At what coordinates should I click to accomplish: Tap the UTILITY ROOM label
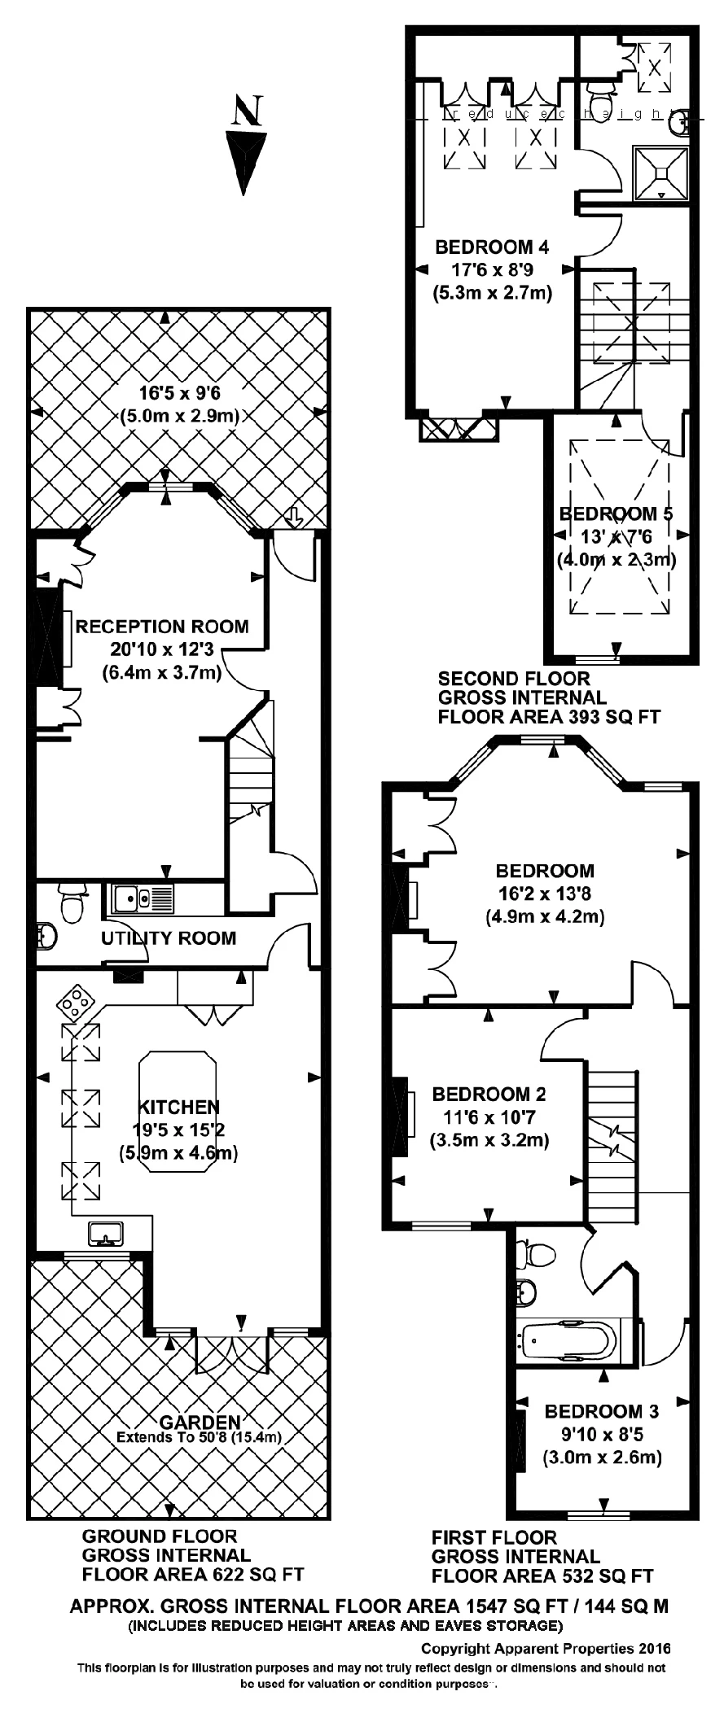(169, 938)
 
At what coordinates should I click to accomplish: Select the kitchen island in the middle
(178, 1112)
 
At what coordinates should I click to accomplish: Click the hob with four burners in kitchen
(74, 1002)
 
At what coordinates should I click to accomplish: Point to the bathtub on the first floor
(568, 1341)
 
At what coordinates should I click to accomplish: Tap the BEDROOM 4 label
(492, 247)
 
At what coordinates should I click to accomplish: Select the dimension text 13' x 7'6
(616, 536)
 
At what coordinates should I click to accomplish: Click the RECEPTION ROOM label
(162, 627)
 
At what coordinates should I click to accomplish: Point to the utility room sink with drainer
(143, 898)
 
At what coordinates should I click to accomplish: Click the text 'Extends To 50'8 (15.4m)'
(199, 1437)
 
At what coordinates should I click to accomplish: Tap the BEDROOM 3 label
(602, 1411)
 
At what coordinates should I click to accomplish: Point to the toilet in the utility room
(72, 904)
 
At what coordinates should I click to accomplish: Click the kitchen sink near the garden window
(107, 1234)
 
